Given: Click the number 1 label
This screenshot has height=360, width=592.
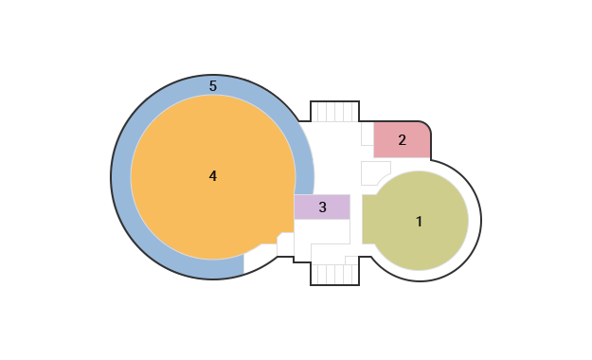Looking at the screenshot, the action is pyautogui.click(x=419, y=222).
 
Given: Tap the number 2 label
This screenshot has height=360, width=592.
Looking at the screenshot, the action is pyautogui.click(x=403, y=140).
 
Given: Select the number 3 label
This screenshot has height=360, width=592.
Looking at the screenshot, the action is pyautogui.click(x=322, y=207).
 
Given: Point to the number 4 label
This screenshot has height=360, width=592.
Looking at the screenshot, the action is pyautogui.click(x=213, y=176).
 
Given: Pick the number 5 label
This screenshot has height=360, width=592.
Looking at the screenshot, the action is pyautogui.click(x=213, y=86).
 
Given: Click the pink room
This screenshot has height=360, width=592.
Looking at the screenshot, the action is pyautogui.click(x=402, y=140).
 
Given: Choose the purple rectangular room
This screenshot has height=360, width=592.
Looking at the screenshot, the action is pyautogui.click(x=322, y=207).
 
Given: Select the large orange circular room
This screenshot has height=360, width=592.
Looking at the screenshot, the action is pyautogui.click(x=213, y=177).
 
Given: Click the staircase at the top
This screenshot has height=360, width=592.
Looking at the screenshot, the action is pyautogui.click(x=335, y=112).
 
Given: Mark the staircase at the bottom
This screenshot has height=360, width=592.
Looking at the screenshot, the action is pyautogui.click(x=335, y=274).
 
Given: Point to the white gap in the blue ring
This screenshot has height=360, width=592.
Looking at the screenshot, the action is pyautogui.click(x=260, y=260).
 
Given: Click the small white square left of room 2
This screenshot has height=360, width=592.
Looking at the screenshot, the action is pyautogui.click(x=368, y=134).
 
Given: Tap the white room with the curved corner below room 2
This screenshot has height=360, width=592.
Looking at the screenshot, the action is pyautogui.click(x=374, y=173).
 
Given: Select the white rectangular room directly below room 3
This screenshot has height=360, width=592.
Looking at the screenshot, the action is pyautogui.click(x=322, y=231).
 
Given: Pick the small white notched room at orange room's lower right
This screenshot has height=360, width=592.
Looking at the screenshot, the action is pyautogui.click(x=286, y=244).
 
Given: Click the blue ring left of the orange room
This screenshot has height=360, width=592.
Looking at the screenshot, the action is pyautogui.click(x=121, y=177).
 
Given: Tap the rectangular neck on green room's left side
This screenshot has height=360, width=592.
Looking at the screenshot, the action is pyautogui.click(x=369, y=220).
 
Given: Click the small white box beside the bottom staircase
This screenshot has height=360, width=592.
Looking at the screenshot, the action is pyautogui.click(x=351, y=261).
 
